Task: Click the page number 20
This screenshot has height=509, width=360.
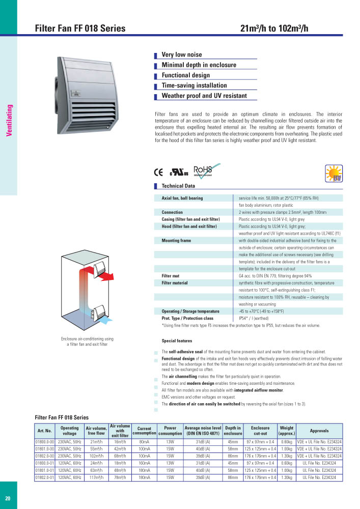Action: pos(8,498)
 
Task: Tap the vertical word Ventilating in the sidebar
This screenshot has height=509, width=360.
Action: pos(9,121)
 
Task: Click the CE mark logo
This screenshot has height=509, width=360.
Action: pos(158,172)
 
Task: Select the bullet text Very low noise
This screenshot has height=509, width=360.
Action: pos(181,54)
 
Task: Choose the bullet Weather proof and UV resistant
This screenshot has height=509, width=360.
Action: pos(204,96)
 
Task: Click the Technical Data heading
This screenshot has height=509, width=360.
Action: pos(178,186)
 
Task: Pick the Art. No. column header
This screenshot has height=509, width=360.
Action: pos(45,431)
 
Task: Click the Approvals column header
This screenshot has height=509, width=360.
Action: pos(319,431)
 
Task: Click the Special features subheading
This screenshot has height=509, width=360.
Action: pos(177,341)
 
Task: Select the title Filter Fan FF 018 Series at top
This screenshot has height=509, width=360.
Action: pos(80,29)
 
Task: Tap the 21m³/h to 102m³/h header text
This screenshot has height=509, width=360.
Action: pos(274,29)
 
